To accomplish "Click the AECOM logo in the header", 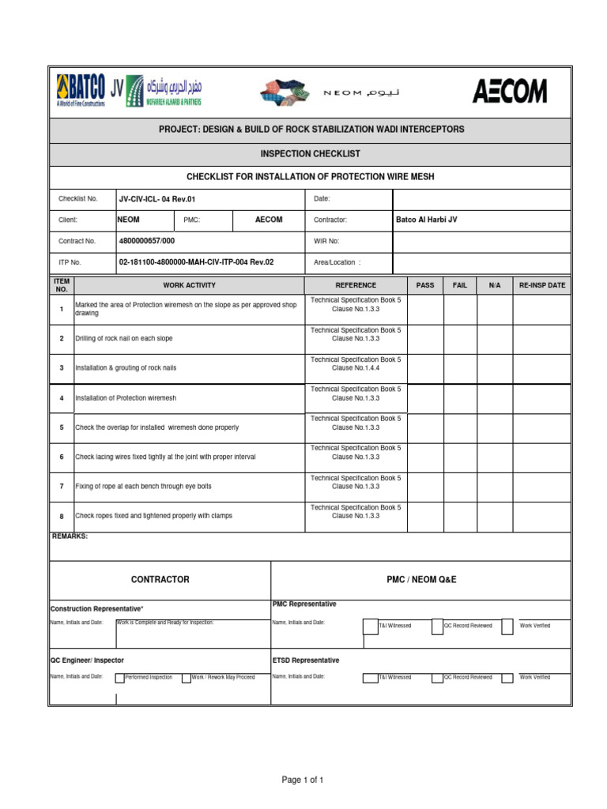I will [509, 92].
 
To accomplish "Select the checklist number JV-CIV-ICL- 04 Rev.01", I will [156, 199].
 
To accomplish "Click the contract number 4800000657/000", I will [147, 241].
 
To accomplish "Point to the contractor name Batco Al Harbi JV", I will [426, 220].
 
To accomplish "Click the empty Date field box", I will [481, 199].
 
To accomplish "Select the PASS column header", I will [425, 285].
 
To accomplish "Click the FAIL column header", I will [460, 285].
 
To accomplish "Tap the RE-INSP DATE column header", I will [541, 285].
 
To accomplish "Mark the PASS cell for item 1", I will [425, 309].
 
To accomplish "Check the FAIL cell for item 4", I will [460, 397].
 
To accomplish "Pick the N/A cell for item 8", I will [495, 516].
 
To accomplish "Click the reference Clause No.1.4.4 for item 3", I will [356, 368].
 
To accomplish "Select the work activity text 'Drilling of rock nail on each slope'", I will [123, 338].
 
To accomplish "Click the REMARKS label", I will [70, 536].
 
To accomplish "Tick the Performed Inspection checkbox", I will [119, 678].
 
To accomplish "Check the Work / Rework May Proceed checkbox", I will [186, 678].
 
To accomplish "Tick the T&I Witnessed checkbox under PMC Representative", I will [370, 627].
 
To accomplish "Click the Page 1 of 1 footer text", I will [303, 780].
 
